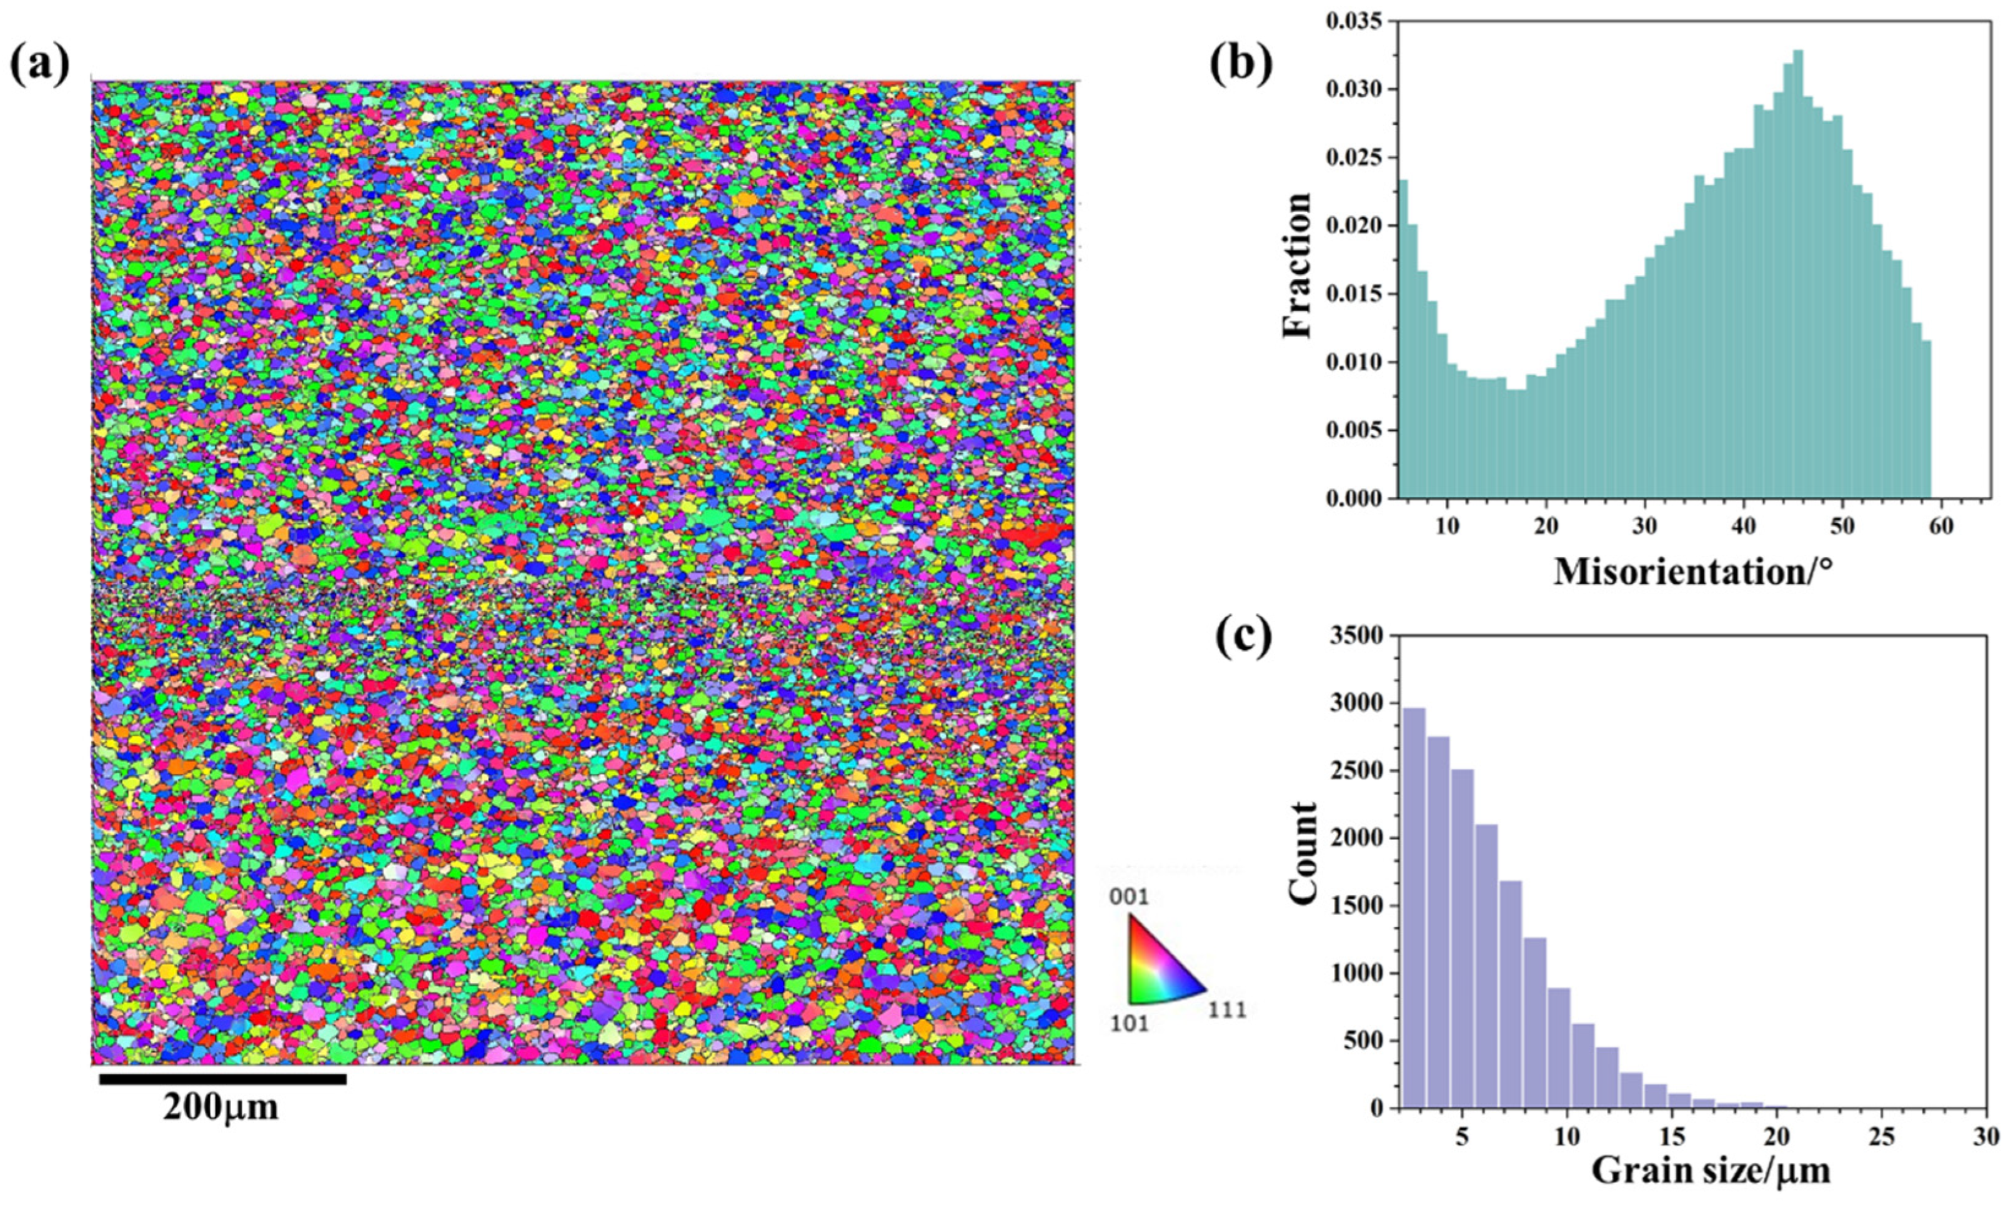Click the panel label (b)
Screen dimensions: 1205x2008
1240,65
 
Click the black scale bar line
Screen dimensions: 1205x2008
222,1079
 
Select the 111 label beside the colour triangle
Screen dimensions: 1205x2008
1225,1011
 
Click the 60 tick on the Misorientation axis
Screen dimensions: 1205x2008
1941,525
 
